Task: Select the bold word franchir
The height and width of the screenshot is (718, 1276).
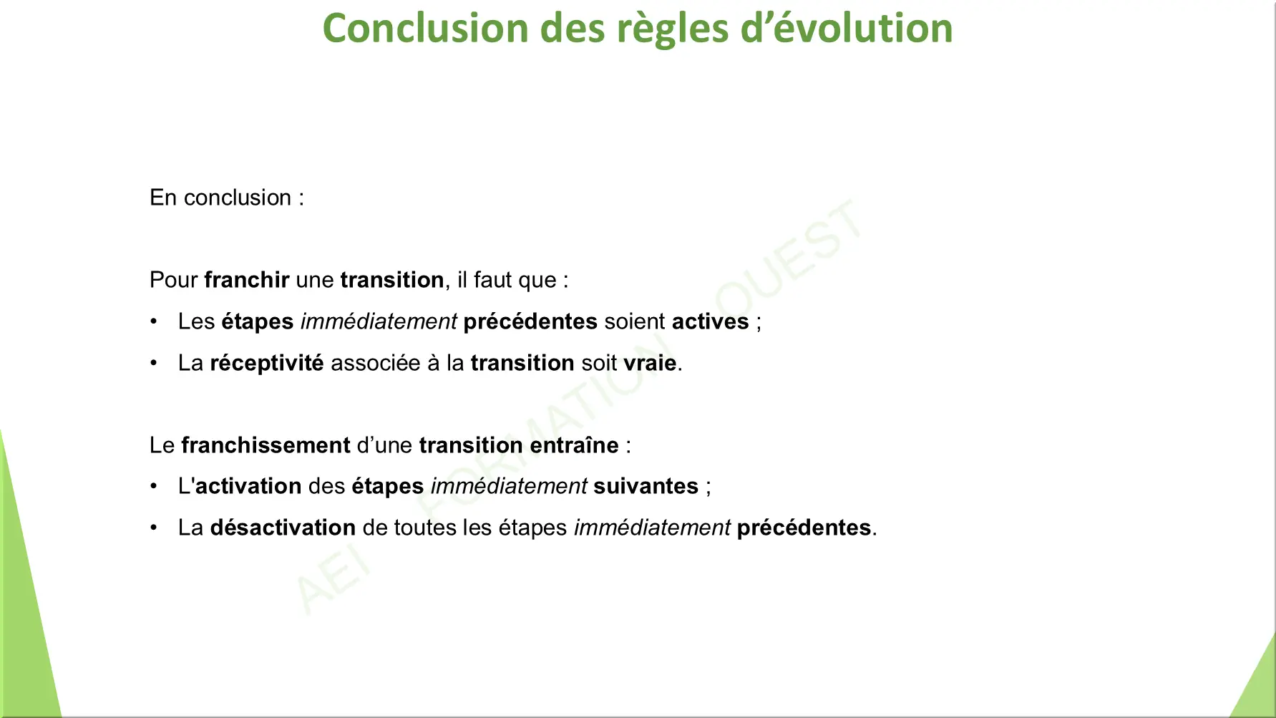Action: click(247, 280)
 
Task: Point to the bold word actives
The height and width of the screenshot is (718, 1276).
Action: click(710, 321)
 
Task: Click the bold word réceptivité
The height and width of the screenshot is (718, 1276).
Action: click(267, 364)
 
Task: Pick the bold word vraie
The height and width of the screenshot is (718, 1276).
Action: click(650, 363)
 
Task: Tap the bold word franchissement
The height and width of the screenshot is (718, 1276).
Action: click(266, 445)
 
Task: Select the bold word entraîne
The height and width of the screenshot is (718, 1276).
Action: click(574, 445)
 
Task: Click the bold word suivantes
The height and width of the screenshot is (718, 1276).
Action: click(646, 486)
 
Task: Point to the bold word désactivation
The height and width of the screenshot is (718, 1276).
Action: click(283, 528)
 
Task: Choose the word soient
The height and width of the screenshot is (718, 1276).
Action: click(635, 321)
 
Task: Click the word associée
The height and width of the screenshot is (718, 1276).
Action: click(376, 363)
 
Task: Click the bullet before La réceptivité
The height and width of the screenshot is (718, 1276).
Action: click(154, 363)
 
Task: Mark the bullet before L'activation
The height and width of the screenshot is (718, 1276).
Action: click(154, 486)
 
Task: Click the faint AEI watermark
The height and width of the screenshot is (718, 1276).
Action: click(333, 581)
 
